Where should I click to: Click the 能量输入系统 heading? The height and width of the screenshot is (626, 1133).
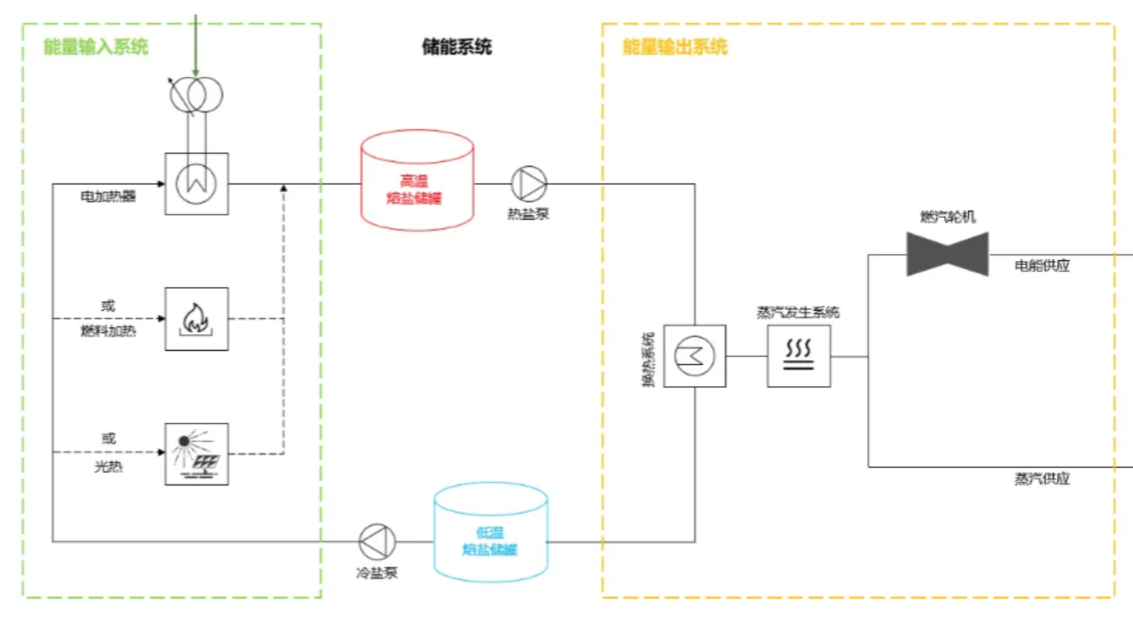pos(95,47)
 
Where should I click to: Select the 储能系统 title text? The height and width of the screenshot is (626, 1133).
pos(457,47)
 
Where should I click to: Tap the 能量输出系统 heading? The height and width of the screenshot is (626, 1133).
pos(675,47)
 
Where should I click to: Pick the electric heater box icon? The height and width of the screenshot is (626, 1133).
pos(197,184)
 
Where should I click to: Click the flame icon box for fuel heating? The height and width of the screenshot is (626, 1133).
pos(197,319)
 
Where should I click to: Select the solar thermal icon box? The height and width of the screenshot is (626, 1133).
pos(197,454)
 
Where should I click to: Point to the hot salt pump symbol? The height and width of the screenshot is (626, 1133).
pos(529,184)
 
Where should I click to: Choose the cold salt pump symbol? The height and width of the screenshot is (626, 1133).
pos(377,541)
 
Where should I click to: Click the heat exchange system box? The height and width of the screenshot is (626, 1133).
pos(694,356)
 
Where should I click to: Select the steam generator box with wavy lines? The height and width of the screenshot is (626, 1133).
pos(799,356)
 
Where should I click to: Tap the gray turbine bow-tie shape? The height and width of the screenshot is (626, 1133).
pos(947,254)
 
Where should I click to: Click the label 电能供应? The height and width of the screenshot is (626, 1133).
pos(1042,266)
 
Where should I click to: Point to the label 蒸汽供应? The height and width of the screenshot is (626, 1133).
pos(1042,479)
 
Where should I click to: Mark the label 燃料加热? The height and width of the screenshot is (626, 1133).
pos(108,331)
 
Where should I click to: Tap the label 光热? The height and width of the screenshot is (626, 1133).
pos(108,466)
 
